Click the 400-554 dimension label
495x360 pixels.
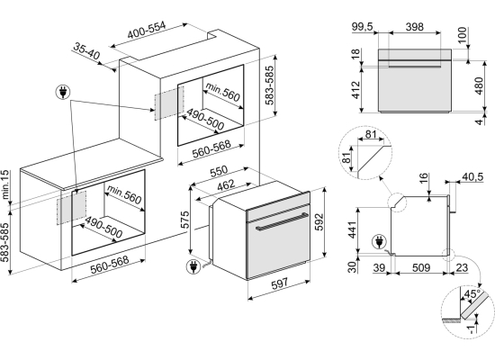coord(146,30)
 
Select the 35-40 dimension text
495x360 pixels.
coord(86,50)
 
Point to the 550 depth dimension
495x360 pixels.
coord(219,171)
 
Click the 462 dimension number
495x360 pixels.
coord(226,185)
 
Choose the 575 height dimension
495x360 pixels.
coord(184,220)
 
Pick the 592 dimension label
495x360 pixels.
coord(319,221)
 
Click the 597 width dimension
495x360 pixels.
coord(279,283)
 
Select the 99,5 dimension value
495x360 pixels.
coord(363,27)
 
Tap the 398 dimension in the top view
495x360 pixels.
coord(415,27)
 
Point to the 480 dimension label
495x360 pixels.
coord(479,85)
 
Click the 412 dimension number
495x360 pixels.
coord(355,90)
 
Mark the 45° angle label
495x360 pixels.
coord(472,294)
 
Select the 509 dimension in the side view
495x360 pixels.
coord(421,268)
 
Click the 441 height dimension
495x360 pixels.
coord(352,229)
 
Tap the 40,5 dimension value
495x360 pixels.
coord(472,176)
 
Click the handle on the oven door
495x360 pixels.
coord(282,221)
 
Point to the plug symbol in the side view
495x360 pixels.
coord(379,242)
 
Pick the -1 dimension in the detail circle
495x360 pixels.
coord(471,328)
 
